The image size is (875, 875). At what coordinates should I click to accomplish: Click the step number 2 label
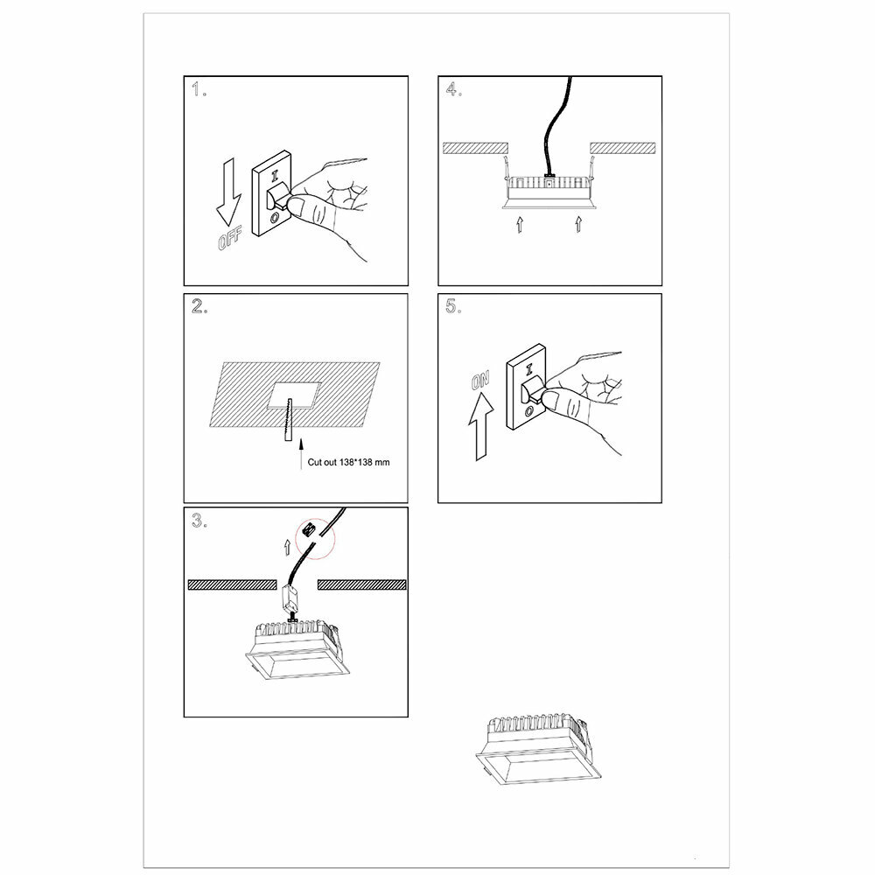(x=199, y=307)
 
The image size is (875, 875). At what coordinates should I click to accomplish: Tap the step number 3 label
(x=199, y=521)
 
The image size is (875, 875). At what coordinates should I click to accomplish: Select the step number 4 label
(x=453, y=90)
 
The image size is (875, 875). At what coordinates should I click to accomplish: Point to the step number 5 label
(x=453, y=307)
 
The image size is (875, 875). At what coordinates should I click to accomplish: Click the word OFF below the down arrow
(x=230, y=237)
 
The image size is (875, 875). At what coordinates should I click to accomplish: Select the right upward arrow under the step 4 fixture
(x=577, y=225)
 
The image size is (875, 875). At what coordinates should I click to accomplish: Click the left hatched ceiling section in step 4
(x=474, y=147)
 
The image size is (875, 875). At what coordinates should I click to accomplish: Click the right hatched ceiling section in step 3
(x=361, y=584)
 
